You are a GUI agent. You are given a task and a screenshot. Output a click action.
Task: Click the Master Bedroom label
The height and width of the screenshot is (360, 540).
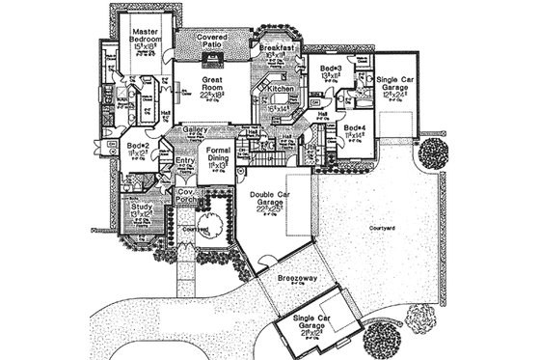(145, 38)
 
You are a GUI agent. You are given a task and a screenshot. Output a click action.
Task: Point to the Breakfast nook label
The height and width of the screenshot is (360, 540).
(278, 47)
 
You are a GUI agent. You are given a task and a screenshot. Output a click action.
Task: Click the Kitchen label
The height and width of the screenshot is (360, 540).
(279, 87)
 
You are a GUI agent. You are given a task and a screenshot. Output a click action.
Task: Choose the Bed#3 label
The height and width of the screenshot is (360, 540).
(332, 69)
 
